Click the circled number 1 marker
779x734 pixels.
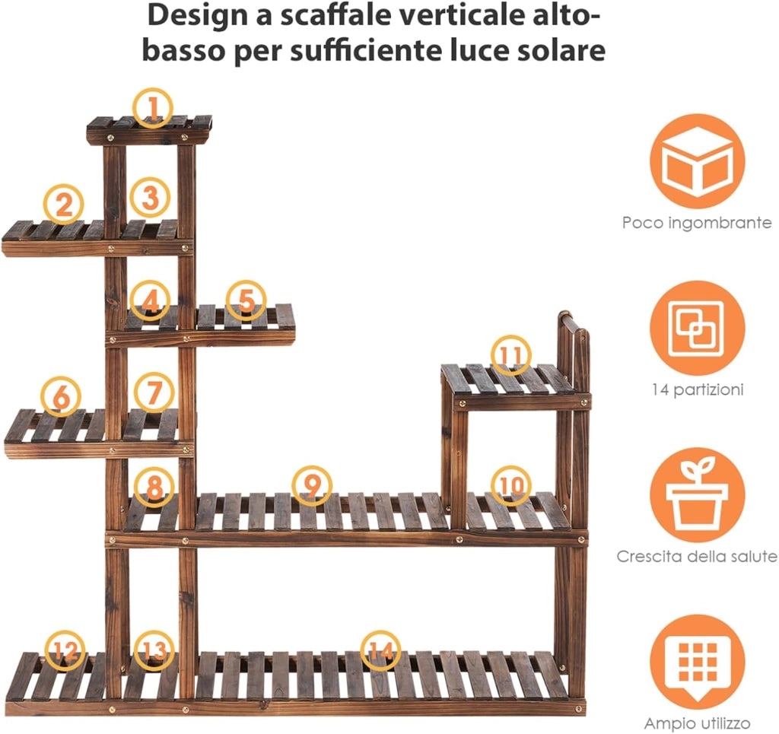pos(153,108)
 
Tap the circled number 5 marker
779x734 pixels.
pos(246,300)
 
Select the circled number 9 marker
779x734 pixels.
pos(312,486)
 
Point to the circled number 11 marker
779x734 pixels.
pos(510,354)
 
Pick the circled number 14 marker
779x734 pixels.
pos(380,650)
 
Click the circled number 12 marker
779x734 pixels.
pos(65,650)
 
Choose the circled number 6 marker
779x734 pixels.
pos(61,396)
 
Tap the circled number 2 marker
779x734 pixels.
pos(64,204)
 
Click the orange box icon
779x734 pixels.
pos(697,161)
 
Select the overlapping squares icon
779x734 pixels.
pos(697,329)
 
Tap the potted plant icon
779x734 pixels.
pos(697,495)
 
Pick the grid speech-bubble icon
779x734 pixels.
pos(697,663)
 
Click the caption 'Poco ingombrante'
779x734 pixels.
pos(697,223)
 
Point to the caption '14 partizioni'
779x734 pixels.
pos(698,389)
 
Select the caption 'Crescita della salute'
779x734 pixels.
pos(697,556)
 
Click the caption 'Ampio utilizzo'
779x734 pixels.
pos(697,723)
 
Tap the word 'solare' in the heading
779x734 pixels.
pos(561,50)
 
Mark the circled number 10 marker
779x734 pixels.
pos(510,486)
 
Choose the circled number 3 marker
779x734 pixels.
pos(150,197)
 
